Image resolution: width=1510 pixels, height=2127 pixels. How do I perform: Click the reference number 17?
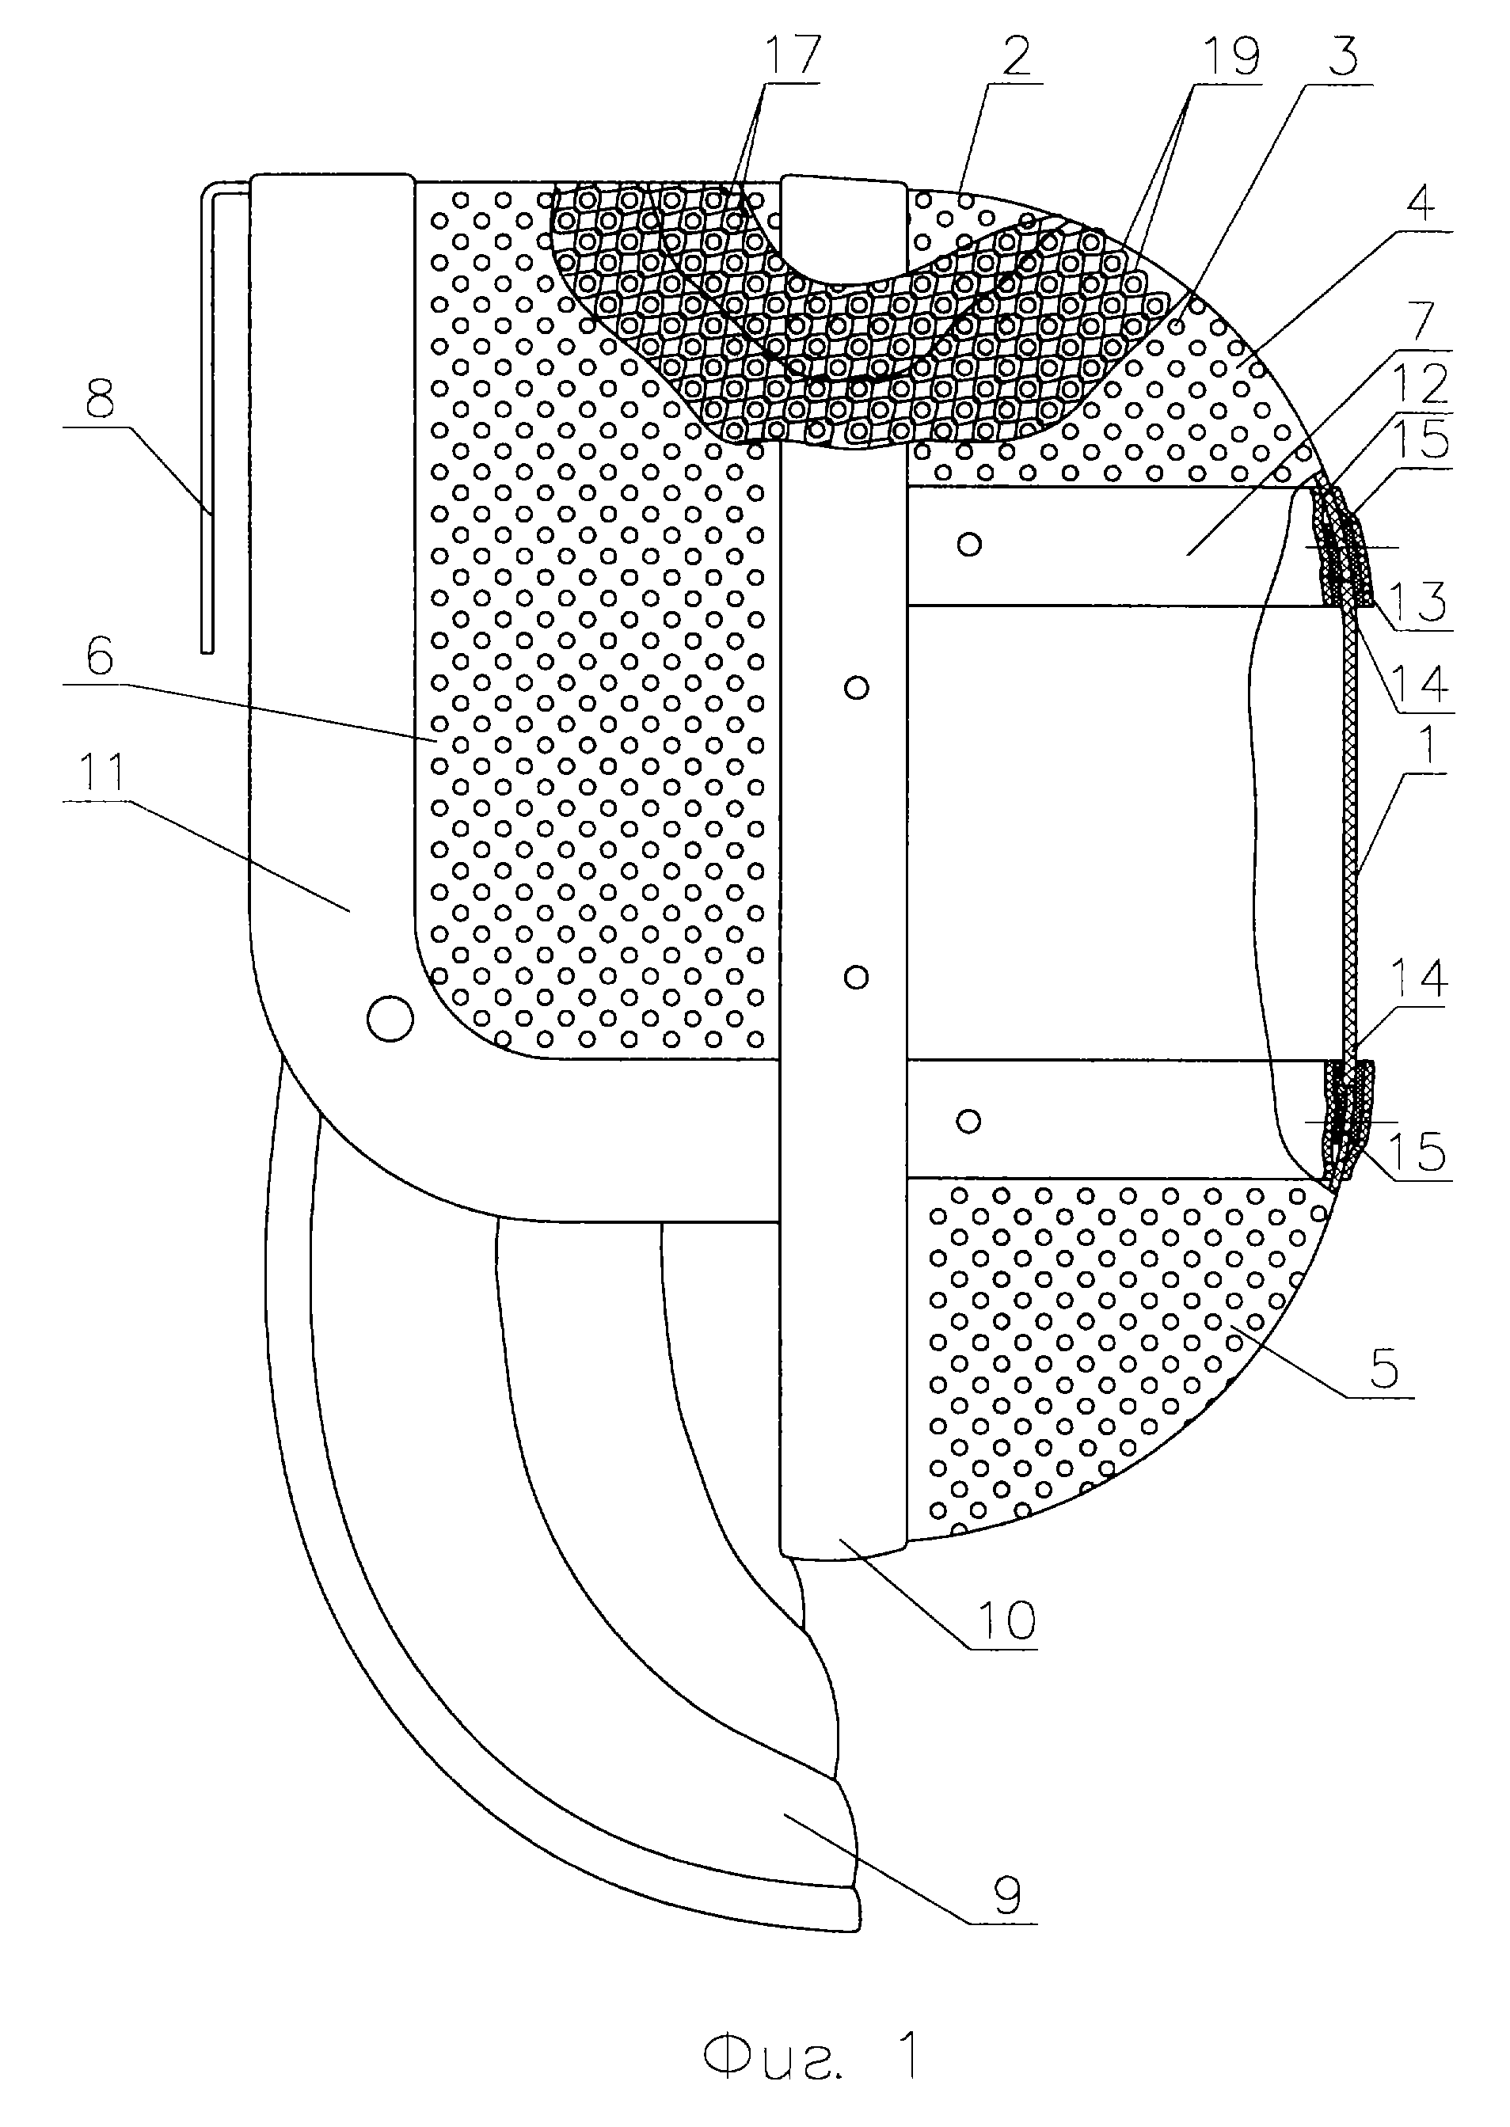(789, 55)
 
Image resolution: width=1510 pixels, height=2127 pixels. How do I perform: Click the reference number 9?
(1006, 1893)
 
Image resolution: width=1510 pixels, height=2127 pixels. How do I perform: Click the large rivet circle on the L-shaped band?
(390, 1018)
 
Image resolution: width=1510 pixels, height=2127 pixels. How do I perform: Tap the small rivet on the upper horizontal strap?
(970, 544)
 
